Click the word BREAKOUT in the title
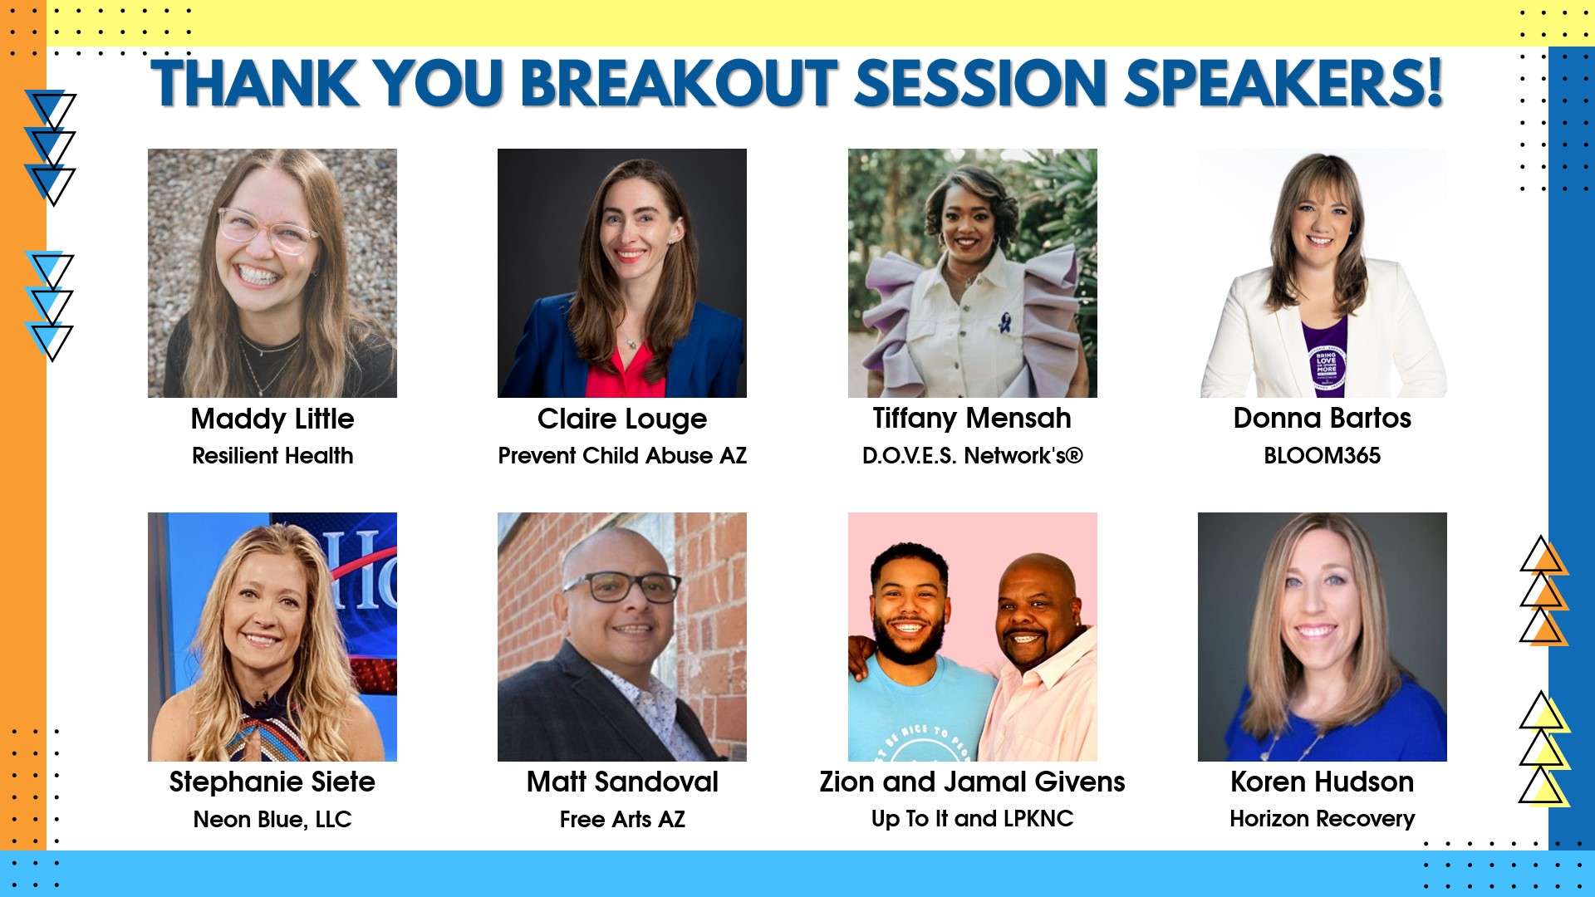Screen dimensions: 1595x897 (x=679, y=84)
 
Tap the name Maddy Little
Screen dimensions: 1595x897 (x=272, y=419)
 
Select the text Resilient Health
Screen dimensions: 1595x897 (x=272, y=456)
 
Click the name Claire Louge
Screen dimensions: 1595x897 (x=622, y=419)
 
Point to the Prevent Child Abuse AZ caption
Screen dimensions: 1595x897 (x=622, y=456)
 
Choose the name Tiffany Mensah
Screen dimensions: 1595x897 (x=972, y=419)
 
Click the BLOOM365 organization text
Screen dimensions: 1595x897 (x=1322, y=456)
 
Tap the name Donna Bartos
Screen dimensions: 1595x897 (x=1322, y=419)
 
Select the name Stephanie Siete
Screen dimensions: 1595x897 (x=272, y=782)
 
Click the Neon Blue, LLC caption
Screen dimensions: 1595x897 (x=272, y=820)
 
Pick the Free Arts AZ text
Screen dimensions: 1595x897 (x=622, y=820)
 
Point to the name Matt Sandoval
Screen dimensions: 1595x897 (x=622, y=782)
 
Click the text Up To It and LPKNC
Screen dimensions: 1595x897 (x=972, y=819)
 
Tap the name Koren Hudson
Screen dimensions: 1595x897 (x=1322, y=782)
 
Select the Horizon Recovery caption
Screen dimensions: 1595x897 (x=1322, y=819)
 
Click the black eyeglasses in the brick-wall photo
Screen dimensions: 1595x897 (x=623, y=586)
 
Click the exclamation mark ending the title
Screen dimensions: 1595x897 (x=1435, y=83)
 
